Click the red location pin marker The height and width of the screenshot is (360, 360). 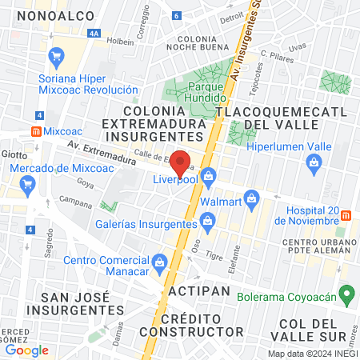[181, 161]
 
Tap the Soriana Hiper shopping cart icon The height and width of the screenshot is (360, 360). [55, 56]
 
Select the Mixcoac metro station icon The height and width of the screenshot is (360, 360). [37, 130]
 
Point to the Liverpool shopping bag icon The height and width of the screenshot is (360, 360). [208, 174]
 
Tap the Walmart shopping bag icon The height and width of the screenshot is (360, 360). [251, 197]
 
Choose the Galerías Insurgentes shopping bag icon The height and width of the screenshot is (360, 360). [208, 219]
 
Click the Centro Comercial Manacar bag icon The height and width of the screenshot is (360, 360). [160, 261]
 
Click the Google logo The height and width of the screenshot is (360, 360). [27, 350]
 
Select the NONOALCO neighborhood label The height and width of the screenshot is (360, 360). [51, 16]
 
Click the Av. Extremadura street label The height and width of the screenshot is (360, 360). [102, 150]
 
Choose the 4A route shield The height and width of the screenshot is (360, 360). [94, 34]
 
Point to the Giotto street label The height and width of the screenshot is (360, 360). [15, 154]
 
